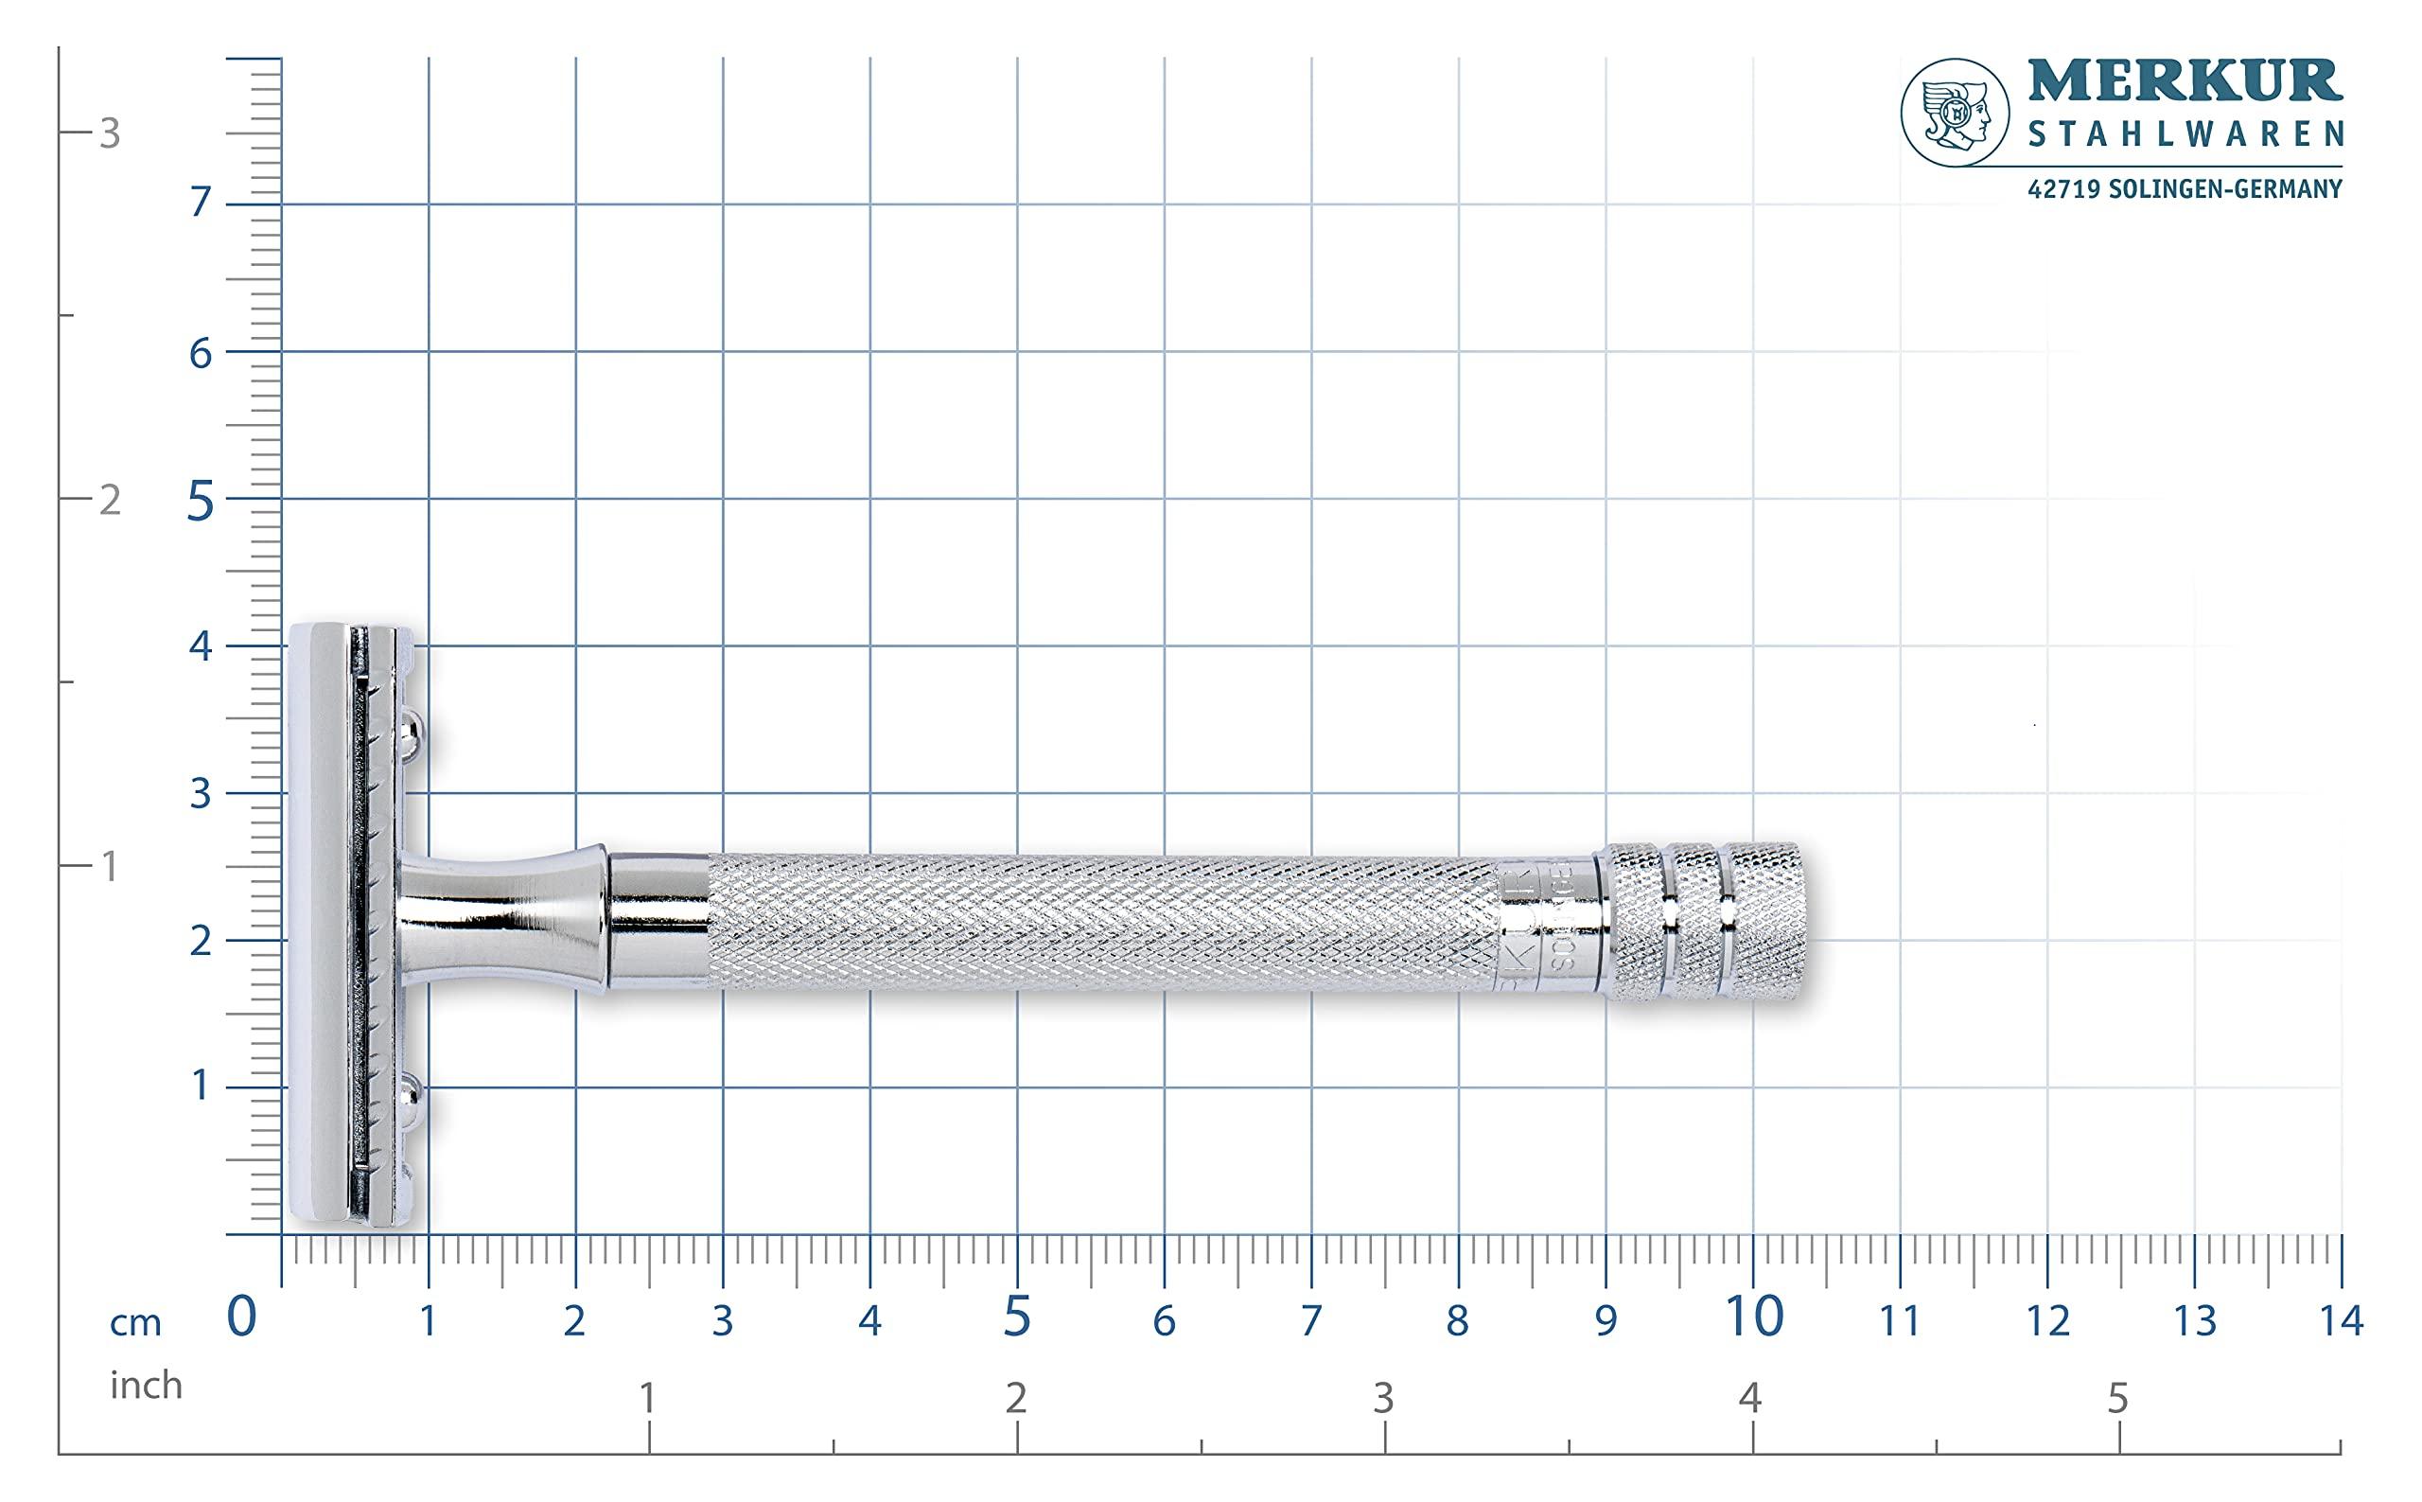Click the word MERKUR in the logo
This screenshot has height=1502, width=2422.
[2184, 82]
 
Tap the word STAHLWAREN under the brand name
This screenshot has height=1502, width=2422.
[2184, 134]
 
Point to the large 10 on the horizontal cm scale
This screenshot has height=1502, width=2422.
[1754, 1318]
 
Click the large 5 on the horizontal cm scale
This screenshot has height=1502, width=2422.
[1017, 1318]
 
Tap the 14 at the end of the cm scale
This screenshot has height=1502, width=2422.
[2341, 1321]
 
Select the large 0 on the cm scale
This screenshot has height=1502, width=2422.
[242, 1318]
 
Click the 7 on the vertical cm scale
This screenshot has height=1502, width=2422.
[201, 203]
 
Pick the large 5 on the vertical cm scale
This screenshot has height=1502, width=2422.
[201, 503]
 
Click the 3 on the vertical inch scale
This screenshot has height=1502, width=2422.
[109, 134]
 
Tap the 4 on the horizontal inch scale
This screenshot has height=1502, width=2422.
[1749, 1398]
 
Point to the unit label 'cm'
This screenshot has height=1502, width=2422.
[135, 1323]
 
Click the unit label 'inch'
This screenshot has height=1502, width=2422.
[146, 1385]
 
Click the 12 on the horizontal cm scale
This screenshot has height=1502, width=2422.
[2047, 1321]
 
